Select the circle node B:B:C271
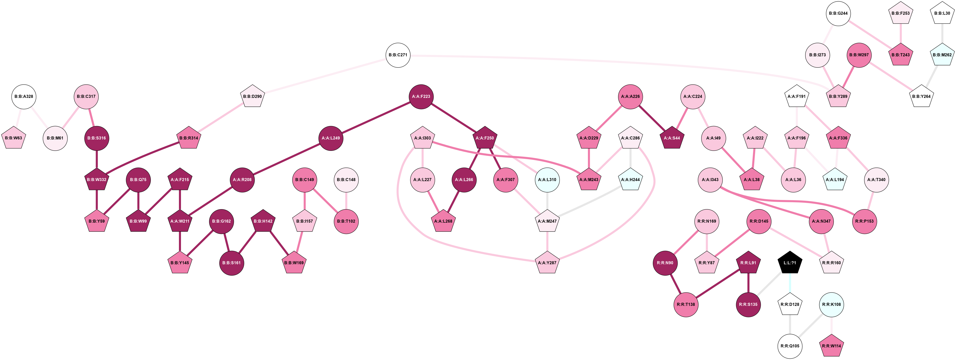pyautogui.click(x=398, y=55)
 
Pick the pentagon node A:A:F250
pyautogui.click(x=485, y=138)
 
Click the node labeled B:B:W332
pyautogui.click(x=96, y=180)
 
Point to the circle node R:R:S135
pyautogui.click(x=748, y=304)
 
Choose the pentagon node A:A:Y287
pyautogui.click(x=547, y=263)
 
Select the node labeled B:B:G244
pyautogui.click(x=838, y=13)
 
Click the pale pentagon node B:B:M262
pyautogui.click(x=942, y=55)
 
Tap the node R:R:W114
pyautogui.click(x=831, y=346)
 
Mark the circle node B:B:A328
pyautogui.click(x=24, y=96)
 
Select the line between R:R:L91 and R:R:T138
pyautogui.click(x=717, y=284)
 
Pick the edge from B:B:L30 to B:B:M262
pyautogui.click(x=942, y=34)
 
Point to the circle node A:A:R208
pyautogui.click(x=242, y=180)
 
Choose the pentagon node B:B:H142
pyautogui.click(x=263, y=221)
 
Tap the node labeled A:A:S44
pyautogui.click(x=672, y=138)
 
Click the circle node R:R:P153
pyautogui.click(x=864, y=221)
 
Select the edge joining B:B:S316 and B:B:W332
pyautogui.click(x=96, y=159)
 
